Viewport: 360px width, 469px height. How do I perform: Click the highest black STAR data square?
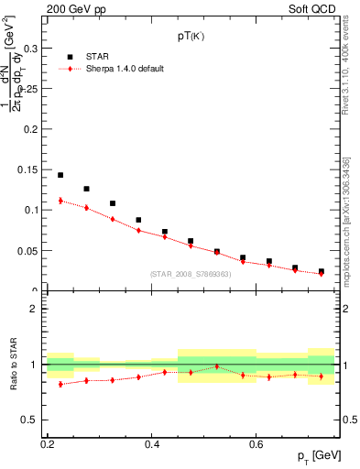tap(60, 175)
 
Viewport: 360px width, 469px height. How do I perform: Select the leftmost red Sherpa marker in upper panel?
tap(60, 201)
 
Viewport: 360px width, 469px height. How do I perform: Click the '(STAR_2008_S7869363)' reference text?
tap(191, 274)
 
